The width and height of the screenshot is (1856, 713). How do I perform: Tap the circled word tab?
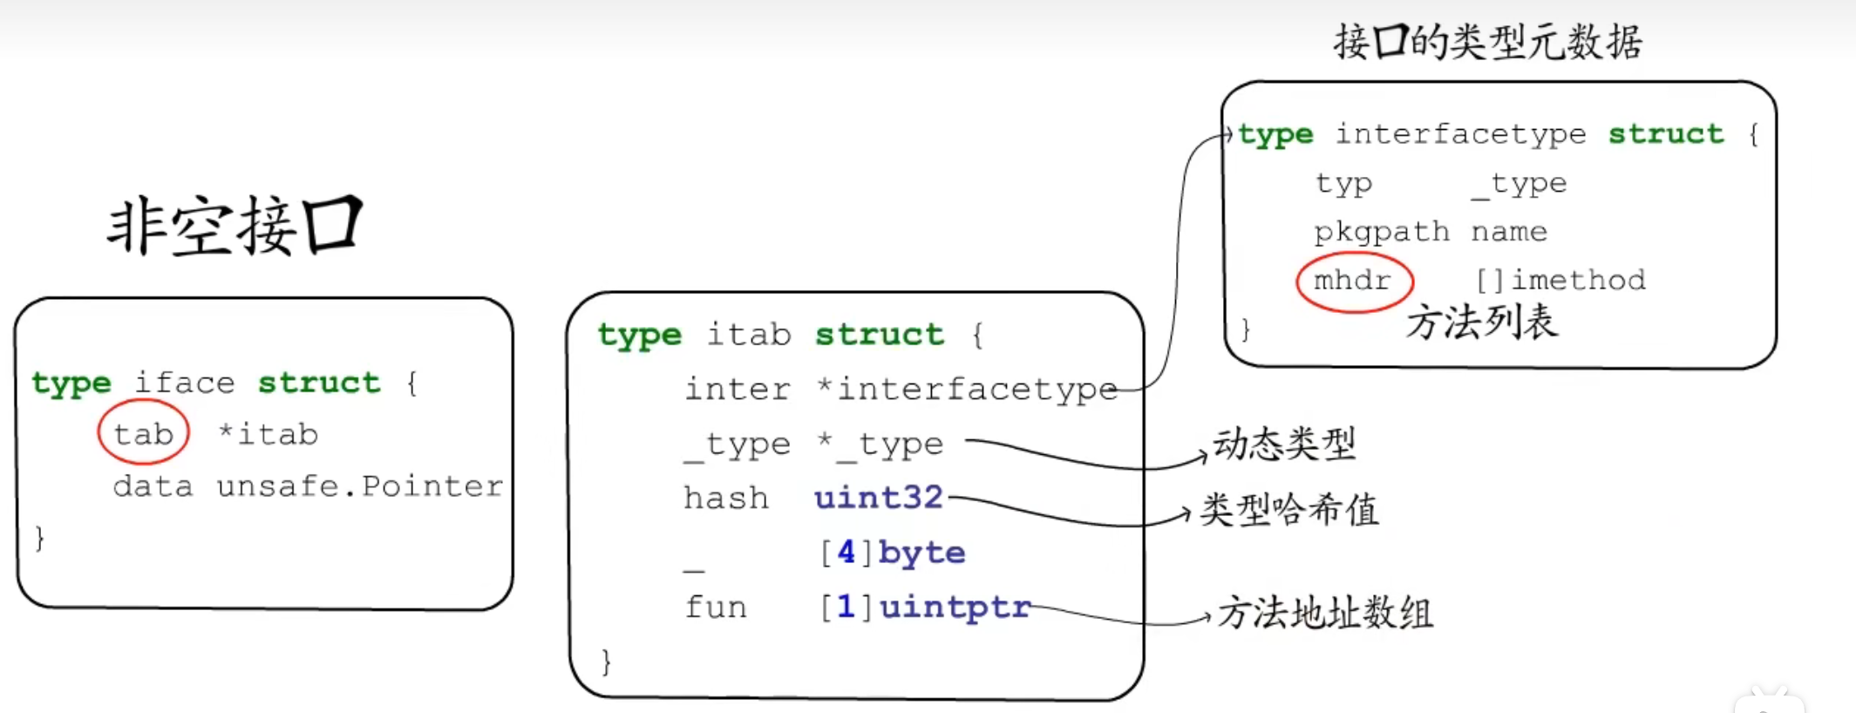pos(143,433)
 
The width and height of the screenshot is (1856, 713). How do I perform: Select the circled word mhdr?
pos(1352,280)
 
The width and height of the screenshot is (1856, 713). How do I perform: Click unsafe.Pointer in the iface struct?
pos(359,486)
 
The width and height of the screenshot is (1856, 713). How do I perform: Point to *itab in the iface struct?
pos(268,433)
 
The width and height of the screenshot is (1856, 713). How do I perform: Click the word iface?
pos(184,383)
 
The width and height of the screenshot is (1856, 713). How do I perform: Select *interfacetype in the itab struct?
pos(967,389)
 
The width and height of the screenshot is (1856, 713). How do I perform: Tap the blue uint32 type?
pos(878,498)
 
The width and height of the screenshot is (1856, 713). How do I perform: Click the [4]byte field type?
pos(892,553)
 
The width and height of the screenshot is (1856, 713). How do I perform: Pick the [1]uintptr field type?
pos(924,607)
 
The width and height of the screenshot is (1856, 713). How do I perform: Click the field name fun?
pos(716,607)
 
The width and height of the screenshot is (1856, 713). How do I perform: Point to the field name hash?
pos(725,498)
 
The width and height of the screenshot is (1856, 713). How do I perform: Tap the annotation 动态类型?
pos(1285,444)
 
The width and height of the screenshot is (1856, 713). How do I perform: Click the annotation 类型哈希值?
pos(1289,509)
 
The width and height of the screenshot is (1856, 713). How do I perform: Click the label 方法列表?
pos(1481,323)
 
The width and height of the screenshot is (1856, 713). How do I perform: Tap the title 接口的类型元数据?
pos(1488,41)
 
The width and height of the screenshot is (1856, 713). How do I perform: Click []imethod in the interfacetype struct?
pos(1560,280)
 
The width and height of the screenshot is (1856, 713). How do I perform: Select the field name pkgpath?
pos(1382,232)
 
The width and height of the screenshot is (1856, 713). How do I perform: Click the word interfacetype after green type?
pos(1460,134)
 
